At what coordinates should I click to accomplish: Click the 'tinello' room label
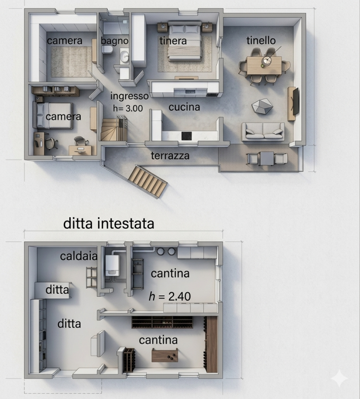coord(261,40)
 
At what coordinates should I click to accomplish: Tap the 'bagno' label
coord(115,41)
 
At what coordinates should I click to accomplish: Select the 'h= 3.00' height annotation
coord(128,108)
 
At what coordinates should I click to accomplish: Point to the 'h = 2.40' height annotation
coord(170,296)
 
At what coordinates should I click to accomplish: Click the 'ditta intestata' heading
coord(109,223)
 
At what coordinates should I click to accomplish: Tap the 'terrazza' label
coord(170,156)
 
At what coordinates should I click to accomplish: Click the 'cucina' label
coord(184,107)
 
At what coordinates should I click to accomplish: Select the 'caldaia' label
coord(79,256)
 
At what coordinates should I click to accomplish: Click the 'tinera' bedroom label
coord(173,41)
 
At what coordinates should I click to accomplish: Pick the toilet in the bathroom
coord(107,49)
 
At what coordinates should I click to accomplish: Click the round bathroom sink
coord(125,56)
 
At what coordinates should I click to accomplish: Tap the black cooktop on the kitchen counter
coord(186,136)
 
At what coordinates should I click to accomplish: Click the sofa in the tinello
coord(263,131)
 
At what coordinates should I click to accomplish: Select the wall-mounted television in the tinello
coord(295,101)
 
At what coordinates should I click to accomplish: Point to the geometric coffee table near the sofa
coord(262,106)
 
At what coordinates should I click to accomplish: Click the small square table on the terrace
coord(267,158)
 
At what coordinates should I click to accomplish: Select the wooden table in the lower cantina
coord(165,355)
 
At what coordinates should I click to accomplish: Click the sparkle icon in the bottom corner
coord(339,378)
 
